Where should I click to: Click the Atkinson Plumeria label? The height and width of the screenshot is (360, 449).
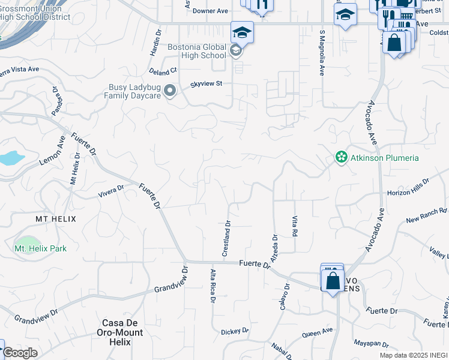[x=384, y=158]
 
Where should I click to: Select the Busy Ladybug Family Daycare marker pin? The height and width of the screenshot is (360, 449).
[x=170, y=91]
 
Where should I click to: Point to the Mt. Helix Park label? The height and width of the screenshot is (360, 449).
[x=40, y=248]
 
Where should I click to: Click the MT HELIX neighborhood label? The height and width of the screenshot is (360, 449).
[x=56, y=219]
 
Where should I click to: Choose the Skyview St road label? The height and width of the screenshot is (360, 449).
[x=206, y=84]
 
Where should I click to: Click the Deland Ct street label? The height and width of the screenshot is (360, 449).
[x=163, y=71]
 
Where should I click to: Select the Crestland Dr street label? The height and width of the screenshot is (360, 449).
[x=227, y=239]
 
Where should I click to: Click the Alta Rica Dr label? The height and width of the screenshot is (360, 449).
[x=212, y=286]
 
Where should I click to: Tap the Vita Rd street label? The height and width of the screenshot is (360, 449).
[x=295, y=226]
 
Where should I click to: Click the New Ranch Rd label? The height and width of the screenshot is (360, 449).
[x=427, y=215]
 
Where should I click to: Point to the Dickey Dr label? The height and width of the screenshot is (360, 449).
[x=235, y=331]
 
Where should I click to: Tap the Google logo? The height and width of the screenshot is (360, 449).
[x=20, y=353]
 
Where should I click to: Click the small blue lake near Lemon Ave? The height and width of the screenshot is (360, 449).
[x=12, y=158]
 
